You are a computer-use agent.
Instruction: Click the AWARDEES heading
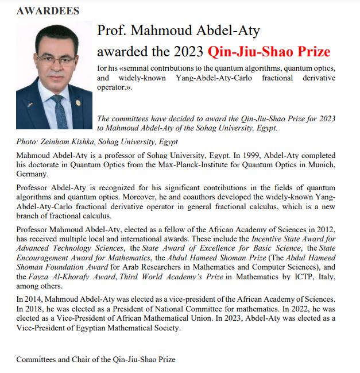[x=48, y=10]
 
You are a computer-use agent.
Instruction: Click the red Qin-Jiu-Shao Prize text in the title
[x=269, y=52]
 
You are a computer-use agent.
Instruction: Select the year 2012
[x=326, y=230]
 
